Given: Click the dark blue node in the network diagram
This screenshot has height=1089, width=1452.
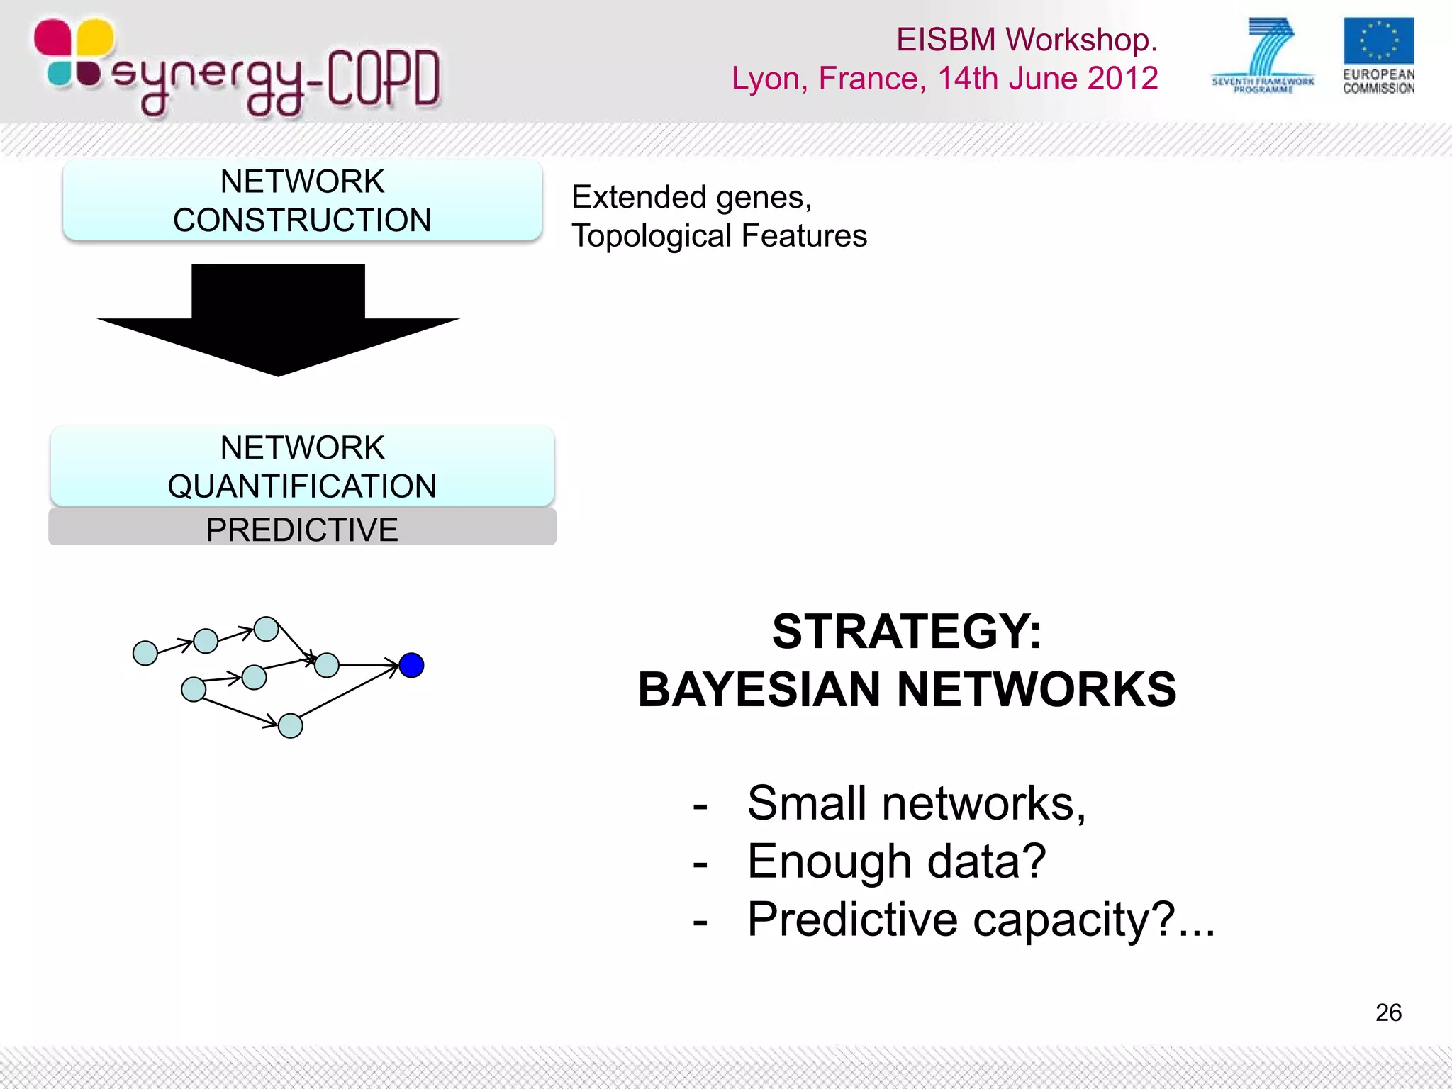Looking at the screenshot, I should tap(411, 665).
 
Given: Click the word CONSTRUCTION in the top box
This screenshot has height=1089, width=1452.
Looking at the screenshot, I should tap(302, 220).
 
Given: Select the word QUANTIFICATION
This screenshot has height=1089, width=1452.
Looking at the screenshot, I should tap(302, 486).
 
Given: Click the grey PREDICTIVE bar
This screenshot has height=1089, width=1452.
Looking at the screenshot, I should tap(302, 529).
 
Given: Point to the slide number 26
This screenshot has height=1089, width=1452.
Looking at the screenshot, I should tap(1388, 1012).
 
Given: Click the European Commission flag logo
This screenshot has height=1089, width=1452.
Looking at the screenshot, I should tap(1378, 41).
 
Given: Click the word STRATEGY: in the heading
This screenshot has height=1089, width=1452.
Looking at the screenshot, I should tap(907, 631).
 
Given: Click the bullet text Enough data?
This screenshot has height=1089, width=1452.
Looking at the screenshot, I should tap(896, 861).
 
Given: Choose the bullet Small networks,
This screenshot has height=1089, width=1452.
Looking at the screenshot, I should tap(916, 803).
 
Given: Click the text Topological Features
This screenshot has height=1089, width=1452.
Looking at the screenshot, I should tap(719, 236).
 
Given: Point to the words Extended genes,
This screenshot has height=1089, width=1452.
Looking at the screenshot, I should tap(691, 197).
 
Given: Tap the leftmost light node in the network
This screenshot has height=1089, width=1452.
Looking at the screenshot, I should tap(145, 653).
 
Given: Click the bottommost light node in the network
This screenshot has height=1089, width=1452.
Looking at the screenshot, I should tap(290, 726).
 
